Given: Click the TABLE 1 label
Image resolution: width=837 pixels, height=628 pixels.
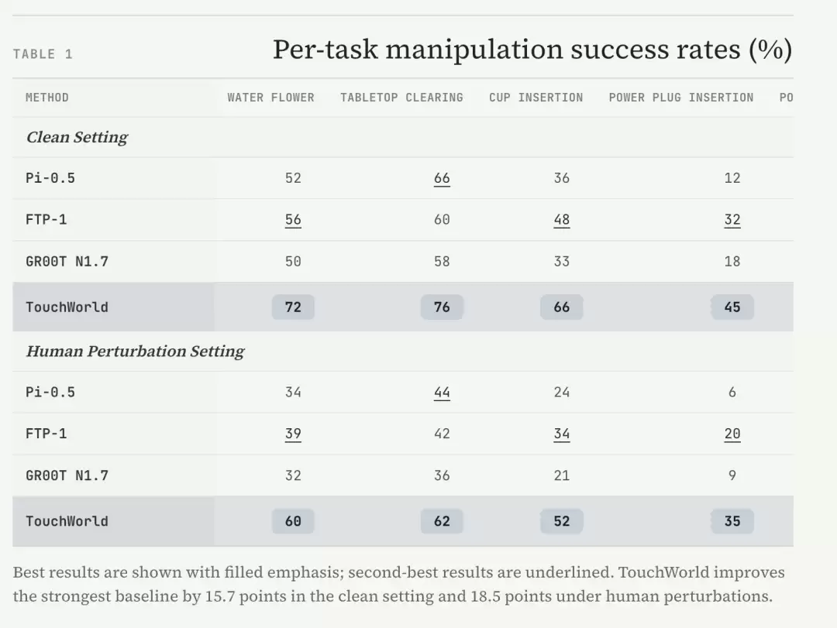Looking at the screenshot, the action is (x=43, y=54).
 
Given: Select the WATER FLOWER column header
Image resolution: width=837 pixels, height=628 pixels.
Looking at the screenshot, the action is (x=270, y=98).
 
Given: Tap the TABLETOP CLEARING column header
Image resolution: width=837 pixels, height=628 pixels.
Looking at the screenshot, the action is (x=401, y=98).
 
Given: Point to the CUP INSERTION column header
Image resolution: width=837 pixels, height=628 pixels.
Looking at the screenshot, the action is (x=536, y=98).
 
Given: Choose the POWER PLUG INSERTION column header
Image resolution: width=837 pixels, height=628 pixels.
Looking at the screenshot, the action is (x=681, y=98).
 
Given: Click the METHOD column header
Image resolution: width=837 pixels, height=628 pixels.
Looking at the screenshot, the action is (x=47, y=98).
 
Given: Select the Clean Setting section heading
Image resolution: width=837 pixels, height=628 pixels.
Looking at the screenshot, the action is (x=77, y=137).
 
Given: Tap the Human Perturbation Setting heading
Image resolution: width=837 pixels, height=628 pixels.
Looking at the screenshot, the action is (x=135, y=351).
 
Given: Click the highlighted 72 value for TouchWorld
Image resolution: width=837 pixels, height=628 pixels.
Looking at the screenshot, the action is (x=293, y=307).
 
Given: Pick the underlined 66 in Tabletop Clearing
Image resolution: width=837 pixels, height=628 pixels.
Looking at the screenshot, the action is (x=442, y=178).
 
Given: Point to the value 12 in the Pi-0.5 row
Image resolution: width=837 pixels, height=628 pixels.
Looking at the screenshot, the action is (x=732, y=178).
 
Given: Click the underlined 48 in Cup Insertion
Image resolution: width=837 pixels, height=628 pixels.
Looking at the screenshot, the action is (x=562, y=220).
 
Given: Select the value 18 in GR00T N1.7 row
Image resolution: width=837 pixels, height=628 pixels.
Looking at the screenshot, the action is (x=732, y=262).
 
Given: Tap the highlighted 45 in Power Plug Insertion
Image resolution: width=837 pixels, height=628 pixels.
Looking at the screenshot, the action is (x=732, y=307).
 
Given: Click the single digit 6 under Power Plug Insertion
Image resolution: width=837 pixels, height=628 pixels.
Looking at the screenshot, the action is (x=732, y=392).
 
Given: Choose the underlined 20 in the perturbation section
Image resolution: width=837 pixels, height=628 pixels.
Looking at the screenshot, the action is (x=732, y=434).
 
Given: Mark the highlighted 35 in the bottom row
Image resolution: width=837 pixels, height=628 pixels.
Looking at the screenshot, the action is (x=732, y=521).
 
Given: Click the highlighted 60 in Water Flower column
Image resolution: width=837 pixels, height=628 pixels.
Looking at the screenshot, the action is (x=293, y=521).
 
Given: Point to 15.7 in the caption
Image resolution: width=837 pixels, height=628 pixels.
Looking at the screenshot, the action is (x=220, y=596).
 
